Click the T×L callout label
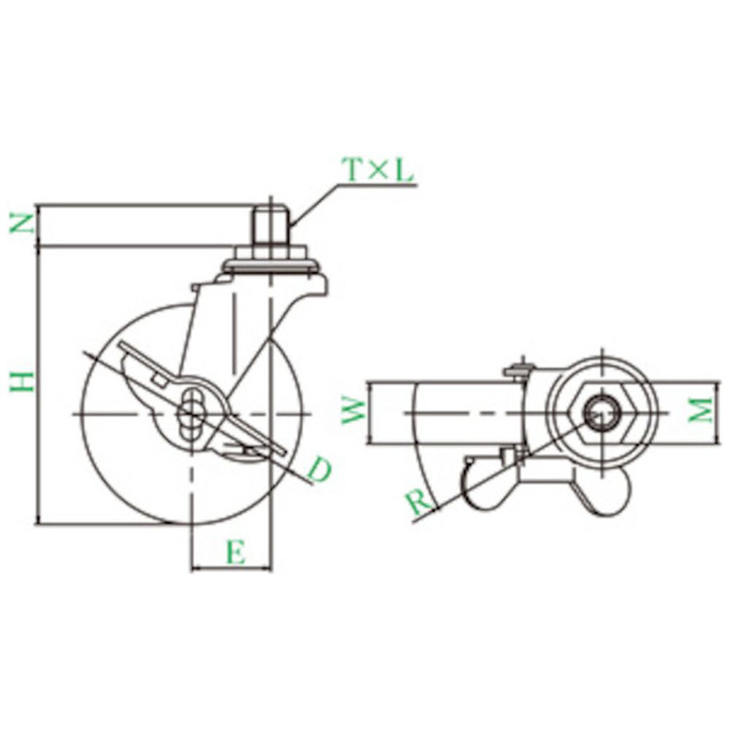377,170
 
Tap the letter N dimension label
23,224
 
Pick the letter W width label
353,410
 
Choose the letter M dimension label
701,410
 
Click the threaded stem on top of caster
271,224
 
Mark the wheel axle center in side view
191,413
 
